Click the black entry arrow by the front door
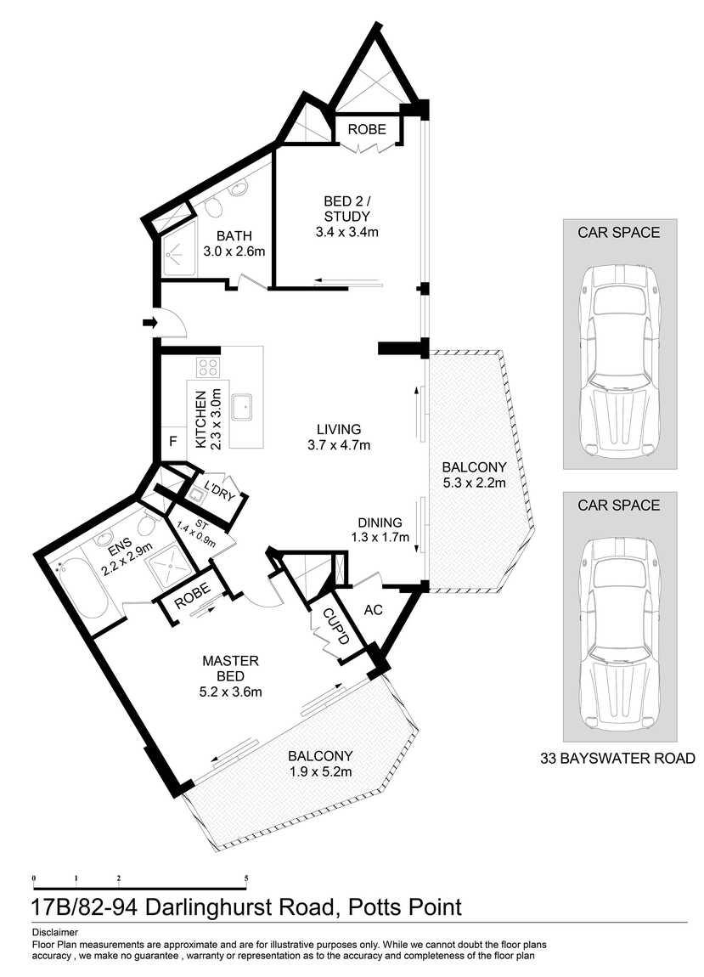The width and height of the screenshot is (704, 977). pos(150,322)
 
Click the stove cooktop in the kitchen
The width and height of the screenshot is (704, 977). pos(209,367)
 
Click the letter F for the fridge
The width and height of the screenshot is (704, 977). pos(172,442)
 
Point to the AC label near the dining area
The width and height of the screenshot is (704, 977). pos(373,610)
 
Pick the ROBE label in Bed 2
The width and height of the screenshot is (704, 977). pos(367,130)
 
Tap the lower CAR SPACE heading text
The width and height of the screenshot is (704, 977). pos(618,505)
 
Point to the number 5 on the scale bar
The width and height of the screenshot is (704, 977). pos(246,877)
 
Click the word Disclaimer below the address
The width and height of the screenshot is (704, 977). pos(54,932)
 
